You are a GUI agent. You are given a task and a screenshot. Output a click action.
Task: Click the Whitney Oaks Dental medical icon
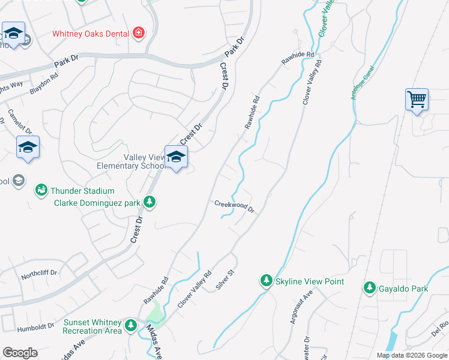coord(139,32)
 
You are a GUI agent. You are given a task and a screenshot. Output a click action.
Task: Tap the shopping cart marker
coord(417,98)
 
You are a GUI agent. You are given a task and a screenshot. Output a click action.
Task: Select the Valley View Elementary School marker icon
coord(176,157)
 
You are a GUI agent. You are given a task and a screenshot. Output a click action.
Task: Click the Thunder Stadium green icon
coord(41,190)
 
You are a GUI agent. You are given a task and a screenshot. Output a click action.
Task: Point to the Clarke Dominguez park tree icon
coord(150,203)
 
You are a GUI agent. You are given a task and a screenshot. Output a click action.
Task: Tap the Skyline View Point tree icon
coord(266,280)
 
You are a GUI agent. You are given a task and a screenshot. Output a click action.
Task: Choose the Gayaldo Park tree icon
coord(369,289)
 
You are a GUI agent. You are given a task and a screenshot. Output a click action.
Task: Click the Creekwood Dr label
coord(235,207)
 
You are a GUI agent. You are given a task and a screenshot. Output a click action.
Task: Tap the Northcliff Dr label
coord(38,273)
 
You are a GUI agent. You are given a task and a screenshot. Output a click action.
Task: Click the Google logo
coord(20,353)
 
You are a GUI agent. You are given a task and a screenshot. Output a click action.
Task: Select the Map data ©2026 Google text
coord(411,355)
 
